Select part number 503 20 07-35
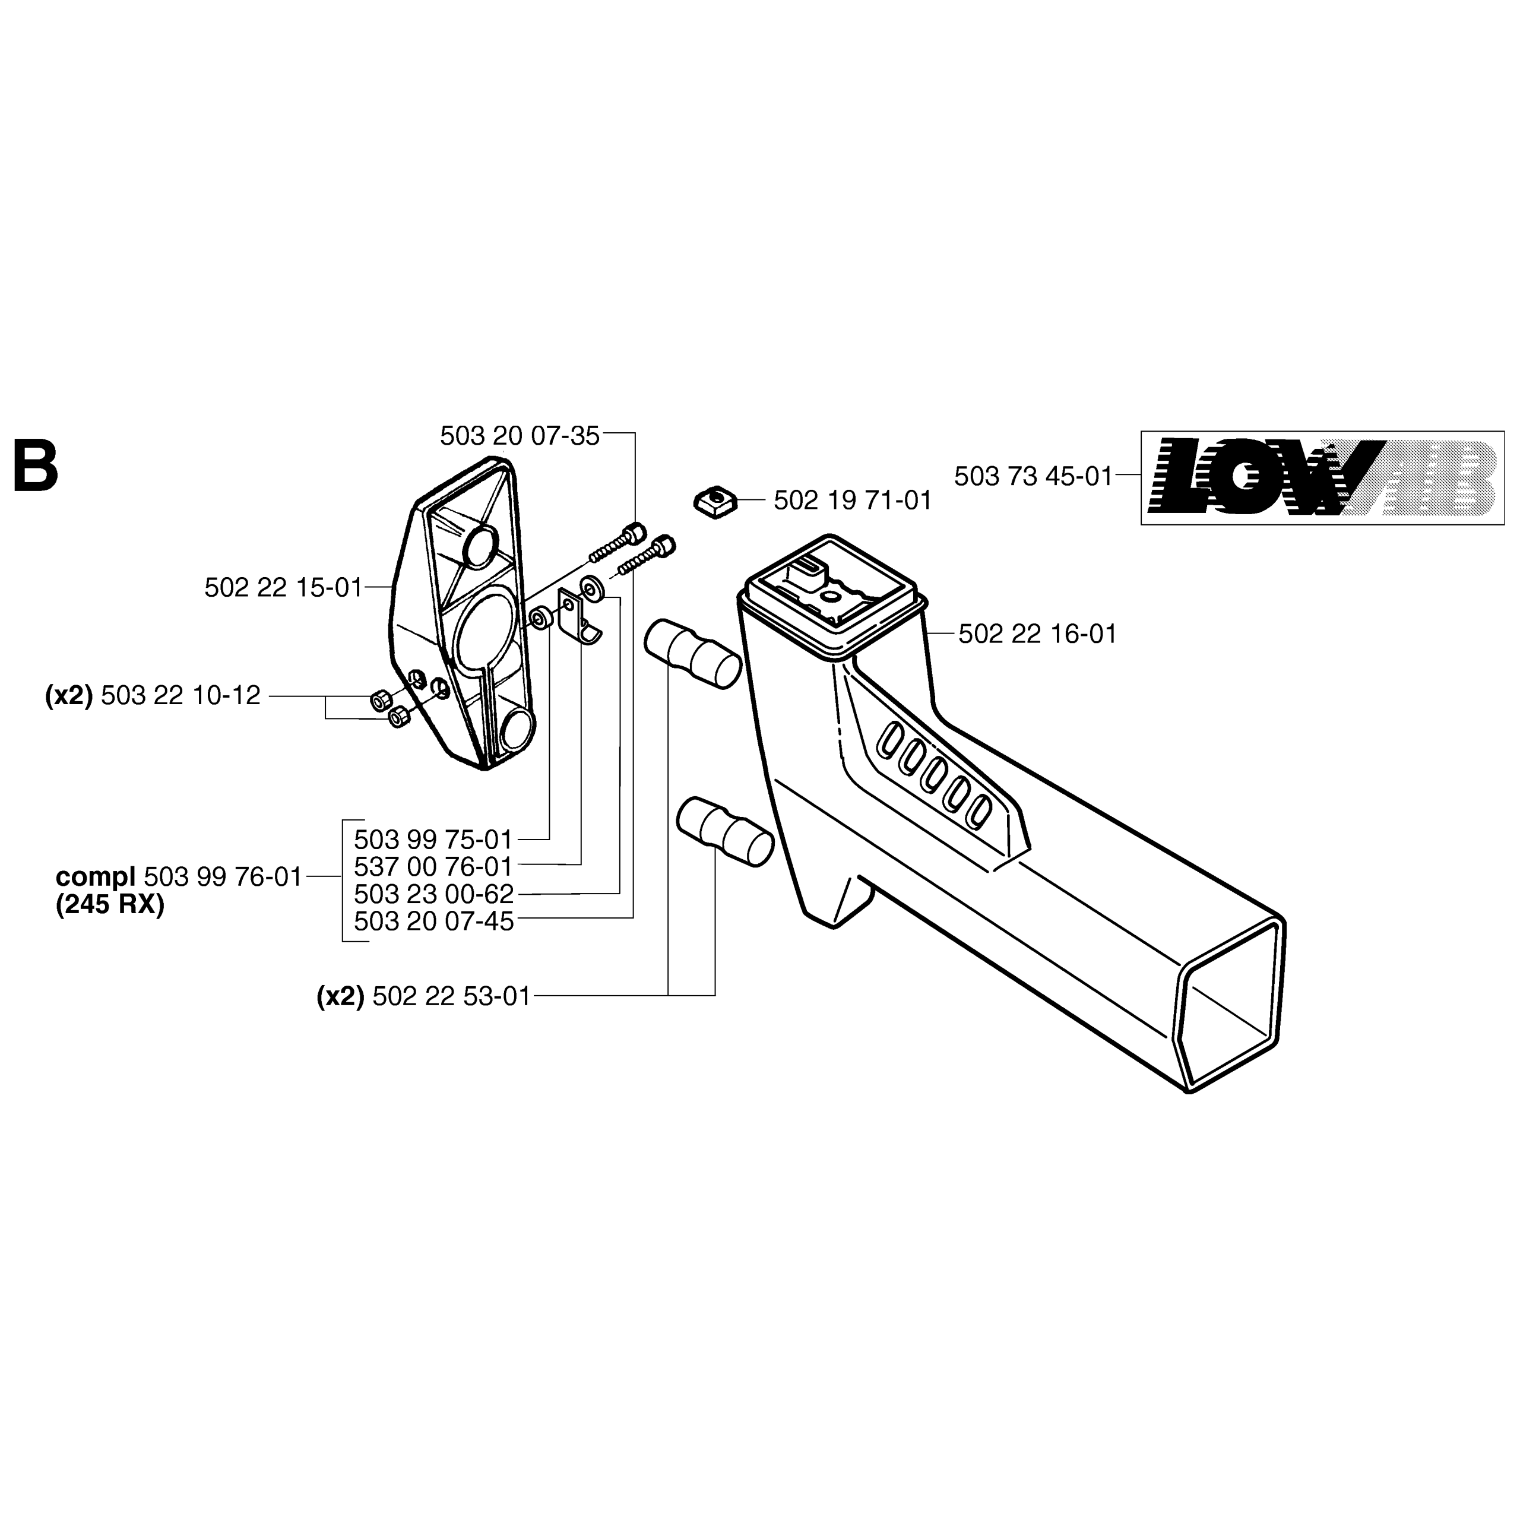click(520, 436)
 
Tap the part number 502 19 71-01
click(853, 501)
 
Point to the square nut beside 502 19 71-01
click(714, 501)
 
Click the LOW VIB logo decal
click(1322, 477)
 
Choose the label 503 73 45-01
click(1033, 476)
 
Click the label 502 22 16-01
click(1037, 634)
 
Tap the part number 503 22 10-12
click(180, 695)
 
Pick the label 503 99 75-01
click(433, 840)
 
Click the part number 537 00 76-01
click(433, 867)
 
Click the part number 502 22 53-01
click(452, 997)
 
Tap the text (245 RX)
click(110, 905)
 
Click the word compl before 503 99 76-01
click(95, 876)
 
